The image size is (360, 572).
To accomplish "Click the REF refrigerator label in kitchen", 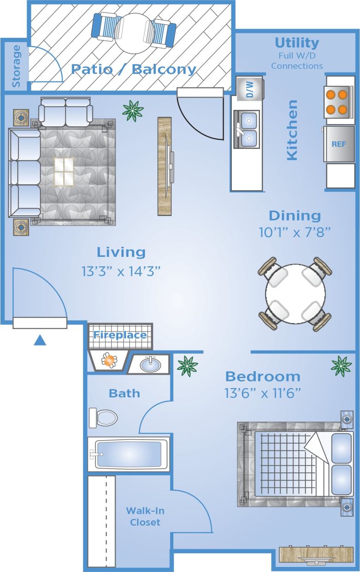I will point(339,144).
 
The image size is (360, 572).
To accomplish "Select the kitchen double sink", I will point(246,129).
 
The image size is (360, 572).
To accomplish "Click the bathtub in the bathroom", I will point(129,454).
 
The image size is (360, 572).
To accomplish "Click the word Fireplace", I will point(120,335).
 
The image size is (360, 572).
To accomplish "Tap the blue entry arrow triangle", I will point(40,340).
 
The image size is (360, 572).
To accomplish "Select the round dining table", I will point(295,294).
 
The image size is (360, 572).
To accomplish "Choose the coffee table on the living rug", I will point(64,171).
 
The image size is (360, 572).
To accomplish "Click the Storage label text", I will point(17,66).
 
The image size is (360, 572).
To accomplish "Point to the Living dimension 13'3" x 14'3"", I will point(121,271).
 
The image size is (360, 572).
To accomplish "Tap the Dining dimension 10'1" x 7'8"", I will point(295,232).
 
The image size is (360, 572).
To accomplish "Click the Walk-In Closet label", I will point(145,516).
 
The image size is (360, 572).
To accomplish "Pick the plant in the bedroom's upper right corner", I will point(341,366).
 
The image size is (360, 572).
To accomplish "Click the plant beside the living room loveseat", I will point(133,110).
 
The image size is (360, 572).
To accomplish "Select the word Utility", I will point(297,43).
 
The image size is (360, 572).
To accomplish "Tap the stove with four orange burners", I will point(340,102).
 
